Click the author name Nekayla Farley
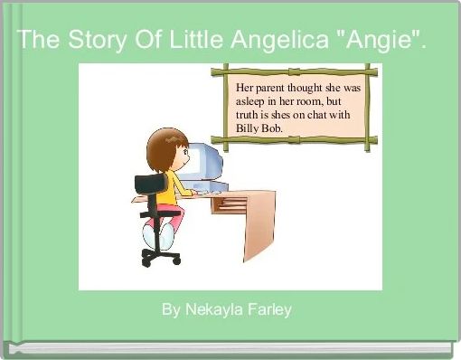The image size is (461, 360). point(227,310)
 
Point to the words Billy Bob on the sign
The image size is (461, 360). point(259,128)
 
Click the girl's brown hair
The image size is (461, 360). point(164,144)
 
